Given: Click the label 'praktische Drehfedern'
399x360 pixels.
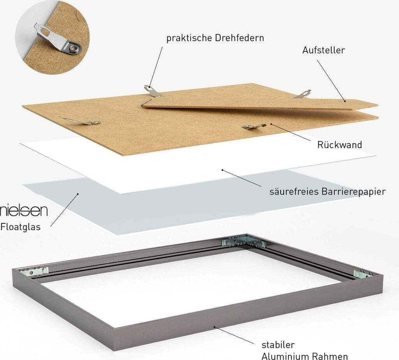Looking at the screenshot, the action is (x=215, y=38).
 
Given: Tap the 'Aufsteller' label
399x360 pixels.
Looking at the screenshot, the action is (x=323, y=50).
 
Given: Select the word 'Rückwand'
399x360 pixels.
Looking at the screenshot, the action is (x=339, y=145).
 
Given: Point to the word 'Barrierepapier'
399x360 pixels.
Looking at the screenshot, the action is (x=355, y=192).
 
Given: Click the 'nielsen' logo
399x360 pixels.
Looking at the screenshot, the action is (x=24, y=211).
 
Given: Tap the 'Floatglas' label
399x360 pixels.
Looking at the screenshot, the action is (x=20, y=227).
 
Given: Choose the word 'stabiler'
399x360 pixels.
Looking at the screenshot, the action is (x=278, y=345).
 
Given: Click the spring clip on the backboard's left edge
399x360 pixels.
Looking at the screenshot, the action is (x=80, y=121).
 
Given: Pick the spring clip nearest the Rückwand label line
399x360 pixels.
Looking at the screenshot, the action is (x=254, y=126).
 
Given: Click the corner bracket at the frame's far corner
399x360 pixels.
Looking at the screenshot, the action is (x=244, y=242).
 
